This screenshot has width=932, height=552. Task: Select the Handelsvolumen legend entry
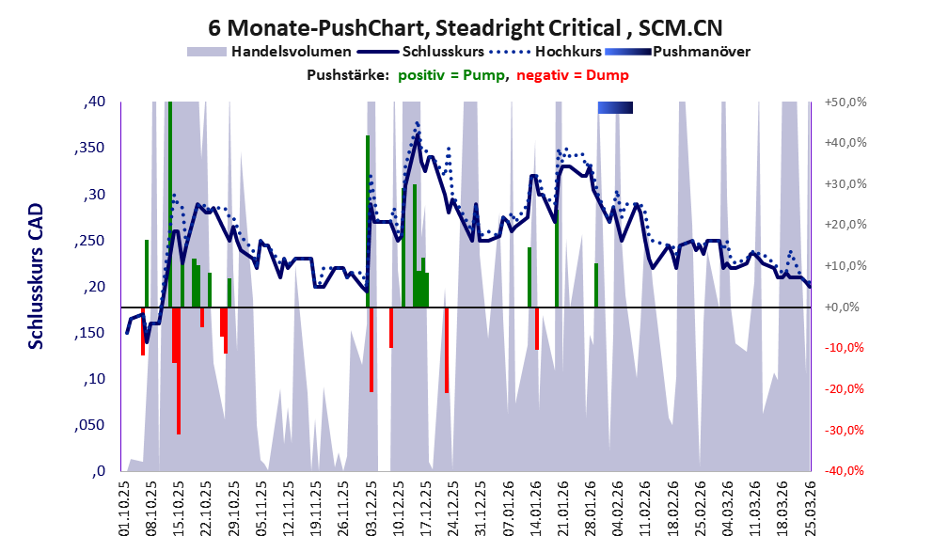pyautogui.click(x=292, y=51)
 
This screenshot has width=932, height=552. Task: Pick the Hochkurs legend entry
pyautogui.click(x=563, y=51)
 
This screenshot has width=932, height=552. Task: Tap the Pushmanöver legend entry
pyautogui.click(x=701, y=51)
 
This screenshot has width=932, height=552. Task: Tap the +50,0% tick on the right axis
pyautogui.click(x=844, y=103)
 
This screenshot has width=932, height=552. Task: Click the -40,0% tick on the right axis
pyautogui.click(x=844, y=471)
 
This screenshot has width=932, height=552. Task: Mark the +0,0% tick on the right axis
pyautogui.click(x=844, y=308)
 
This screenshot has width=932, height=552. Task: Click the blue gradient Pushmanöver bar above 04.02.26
pyautogui.click(x=615, y=108)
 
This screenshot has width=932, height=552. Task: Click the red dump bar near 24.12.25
pyautogui.click(x=447, y=349)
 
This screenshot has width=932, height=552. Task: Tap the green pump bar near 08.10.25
pyautogui.click(x=147, y=273)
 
